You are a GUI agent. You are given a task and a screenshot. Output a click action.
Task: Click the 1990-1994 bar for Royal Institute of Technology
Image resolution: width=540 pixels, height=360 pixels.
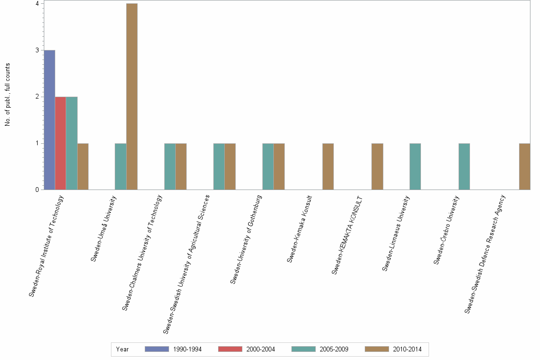coord(49,120)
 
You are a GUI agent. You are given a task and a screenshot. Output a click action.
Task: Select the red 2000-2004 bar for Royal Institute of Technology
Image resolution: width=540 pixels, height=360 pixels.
coord(60,143)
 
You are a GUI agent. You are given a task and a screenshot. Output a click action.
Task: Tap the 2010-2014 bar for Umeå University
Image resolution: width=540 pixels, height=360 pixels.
coord(131,97)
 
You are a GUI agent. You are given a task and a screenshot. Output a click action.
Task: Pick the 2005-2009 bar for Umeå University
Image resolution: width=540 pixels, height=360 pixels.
coord(120,166)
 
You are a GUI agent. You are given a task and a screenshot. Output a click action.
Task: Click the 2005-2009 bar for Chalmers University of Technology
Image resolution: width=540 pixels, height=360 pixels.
coord(170,166)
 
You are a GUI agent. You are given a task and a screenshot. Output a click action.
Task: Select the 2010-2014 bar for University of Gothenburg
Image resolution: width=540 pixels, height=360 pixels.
coord(279,166)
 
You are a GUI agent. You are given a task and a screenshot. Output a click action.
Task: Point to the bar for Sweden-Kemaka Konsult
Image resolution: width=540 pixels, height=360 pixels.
coord(328,166)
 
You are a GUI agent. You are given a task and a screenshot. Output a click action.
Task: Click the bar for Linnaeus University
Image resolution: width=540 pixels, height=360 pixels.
coord(415,166)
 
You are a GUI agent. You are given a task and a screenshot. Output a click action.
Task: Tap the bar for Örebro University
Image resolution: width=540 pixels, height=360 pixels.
coord(464,166)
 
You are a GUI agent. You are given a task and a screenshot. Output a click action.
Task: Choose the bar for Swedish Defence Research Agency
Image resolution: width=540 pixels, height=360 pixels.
coord(524,166)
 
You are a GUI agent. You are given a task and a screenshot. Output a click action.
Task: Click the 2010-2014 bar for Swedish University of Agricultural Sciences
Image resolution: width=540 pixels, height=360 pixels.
coord(230,166)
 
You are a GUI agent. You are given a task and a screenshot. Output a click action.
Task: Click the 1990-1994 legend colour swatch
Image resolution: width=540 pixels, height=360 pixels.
coord(157,349)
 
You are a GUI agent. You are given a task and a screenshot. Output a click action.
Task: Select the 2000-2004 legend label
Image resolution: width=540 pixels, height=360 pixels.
coord(260,349)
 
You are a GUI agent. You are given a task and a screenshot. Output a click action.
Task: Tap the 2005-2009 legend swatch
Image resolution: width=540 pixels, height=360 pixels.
coord(303,349)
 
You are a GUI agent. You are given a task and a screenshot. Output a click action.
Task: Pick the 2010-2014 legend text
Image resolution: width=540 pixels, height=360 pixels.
coord(407,349)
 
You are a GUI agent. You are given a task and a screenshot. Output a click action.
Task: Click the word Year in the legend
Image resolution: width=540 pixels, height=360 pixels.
coord(122,349)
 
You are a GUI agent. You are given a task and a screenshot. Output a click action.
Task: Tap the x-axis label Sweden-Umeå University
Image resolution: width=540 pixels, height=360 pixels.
coord(108,229)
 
